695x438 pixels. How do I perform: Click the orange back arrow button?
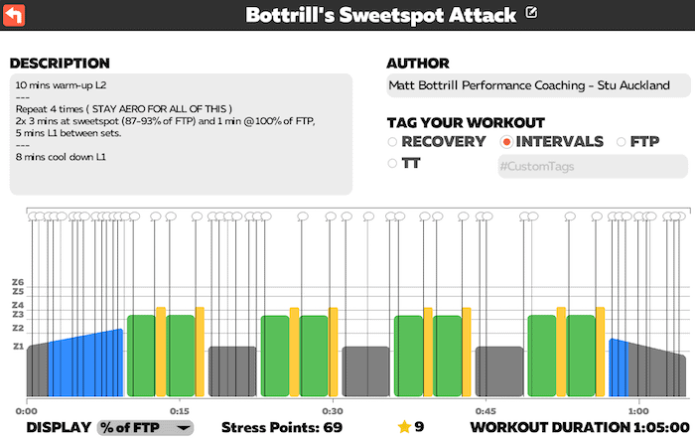tap(16, 15)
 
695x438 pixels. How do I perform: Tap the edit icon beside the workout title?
tap(532, 13)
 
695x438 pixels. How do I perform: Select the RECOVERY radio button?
tap(392, 142)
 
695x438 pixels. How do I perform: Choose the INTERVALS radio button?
tap(506, 142)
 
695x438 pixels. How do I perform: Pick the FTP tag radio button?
tap(623, 142)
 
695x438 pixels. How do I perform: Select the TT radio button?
tap(392, 164)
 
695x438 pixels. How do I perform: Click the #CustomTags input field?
tap(592, 167)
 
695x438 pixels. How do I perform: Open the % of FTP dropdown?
tap(145, 427)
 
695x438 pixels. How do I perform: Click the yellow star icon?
tap(404, 427)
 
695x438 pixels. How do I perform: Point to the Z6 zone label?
tap(17, 282)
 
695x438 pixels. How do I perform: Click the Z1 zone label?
tap(17, 347)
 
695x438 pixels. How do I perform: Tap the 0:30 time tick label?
tap(332, 410)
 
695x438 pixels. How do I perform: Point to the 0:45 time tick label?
tap(485, 410)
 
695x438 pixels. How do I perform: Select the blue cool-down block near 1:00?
tap(618, 369)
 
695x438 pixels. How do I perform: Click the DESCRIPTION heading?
tap(60, 63)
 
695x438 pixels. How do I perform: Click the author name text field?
tap(536, 86)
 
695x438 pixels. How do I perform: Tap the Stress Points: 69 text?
tap(281, 427)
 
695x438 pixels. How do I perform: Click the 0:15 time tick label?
tap(179, 410)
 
